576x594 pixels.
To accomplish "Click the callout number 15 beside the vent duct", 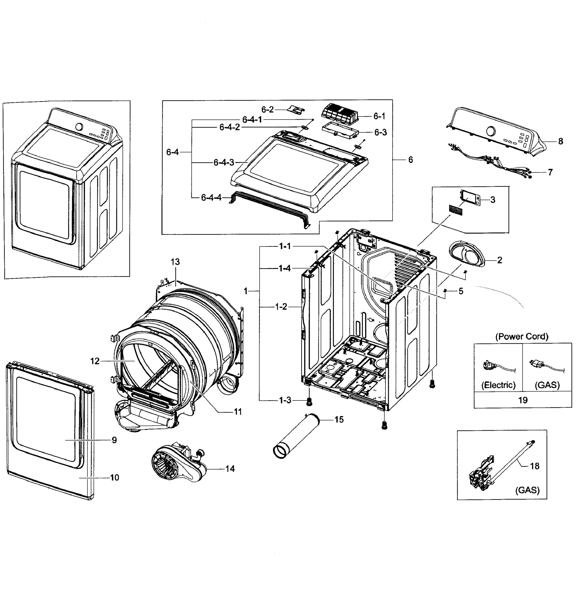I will (x=339, y=420).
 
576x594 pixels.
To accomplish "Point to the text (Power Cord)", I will (x=522, y=336).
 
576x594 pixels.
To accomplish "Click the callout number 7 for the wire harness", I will (x=550, y=172).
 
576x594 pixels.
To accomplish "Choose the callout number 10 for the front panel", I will (x=114, y=478).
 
